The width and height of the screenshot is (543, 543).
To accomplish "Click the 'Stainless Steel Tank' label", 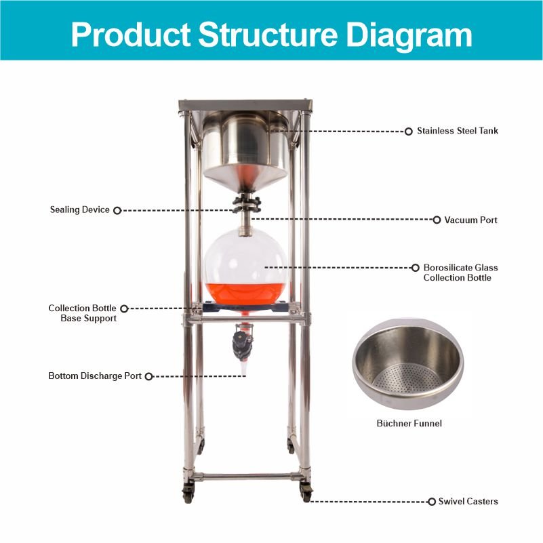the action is [457, 131].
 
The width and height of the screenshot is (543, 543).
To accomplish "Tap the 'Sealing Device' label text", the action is [79, 209].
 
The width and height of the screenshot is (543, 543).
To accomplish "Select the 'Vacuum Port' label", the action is [470, 220].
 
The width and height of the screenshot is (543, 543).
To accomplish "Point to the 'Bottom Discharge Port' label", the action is [95, 376].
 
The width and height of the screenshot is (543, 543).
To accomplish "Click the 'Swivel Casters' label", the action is [468, 502].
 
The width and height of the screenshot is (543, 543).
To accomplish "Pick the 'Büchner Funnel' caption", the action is [409, 423].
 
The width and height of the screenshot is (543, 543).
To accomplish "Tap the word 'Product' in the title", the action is [131, 34].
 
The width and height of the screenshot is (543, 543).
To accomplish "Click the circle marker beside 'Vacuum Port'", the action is [437, 220].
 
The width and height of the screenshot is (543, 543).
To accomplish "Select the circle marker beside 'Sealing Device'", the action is [117, 211].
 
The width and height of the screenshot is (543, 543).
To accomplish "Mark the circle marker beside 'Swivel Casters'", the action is [432, 502].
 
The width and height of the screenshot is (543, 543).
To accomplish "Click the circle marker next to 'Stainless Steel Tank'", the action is [409, 132].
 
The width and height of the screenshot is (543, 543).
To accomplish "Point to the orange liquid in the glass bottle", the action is [246, 294].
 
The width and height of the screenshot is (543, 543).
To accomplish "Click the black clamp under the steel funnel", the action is [246, 204].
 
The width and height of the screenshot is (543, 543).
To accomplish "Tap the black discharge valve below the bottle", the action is [243, 344].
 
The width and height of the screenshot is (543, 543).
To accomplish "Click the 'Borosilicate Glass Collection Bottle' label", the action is [460, 273].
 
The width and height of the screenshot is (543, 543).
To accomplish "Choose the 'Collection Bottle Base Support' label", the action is [83, 313].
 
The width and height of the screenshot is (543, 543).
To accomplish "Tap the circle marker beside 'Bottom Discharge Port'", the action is [149, 376].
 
